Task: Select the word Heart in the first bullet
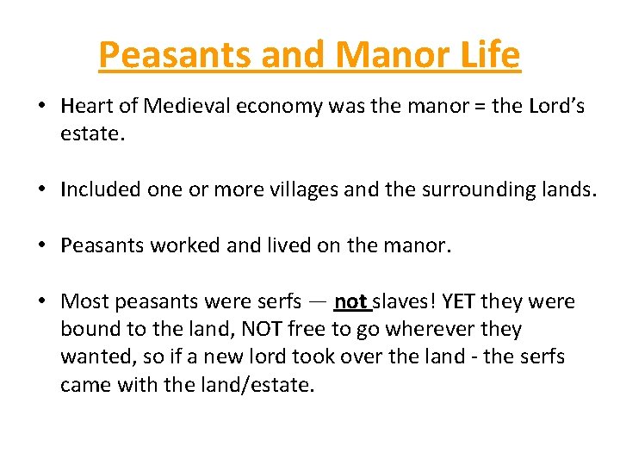(x=84, y=107)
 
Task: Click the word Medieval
(x=183, y=107)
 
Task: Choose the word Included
(x=96, y=190)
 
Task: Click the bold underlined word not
(x=350, y=301)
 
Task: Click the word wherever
(x=426, y=329)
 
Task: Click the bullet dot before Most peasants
(x=41, y=301)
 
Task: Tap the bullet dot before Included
(x=41, y=190)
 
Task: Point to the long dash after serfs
(x=318, y=302)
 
